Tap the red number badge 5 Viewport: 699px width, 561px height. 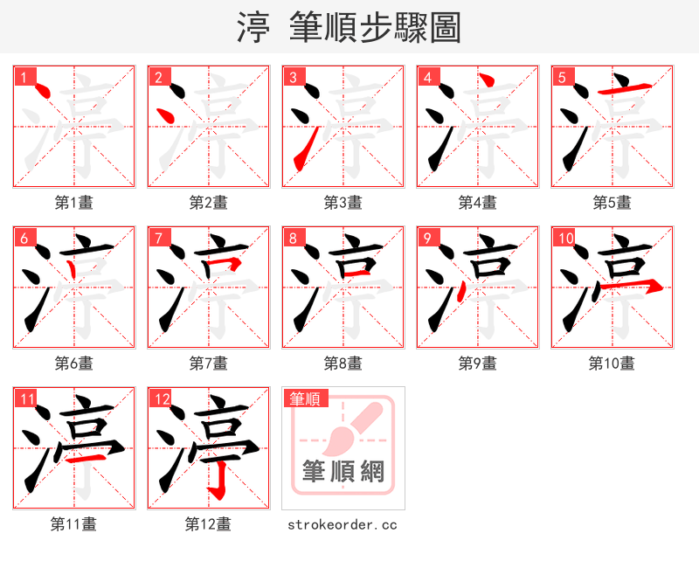pyautogui.click(x=562, y=78)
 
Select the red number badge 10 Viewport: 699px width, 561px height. pyautogui.click(x=565, y=239)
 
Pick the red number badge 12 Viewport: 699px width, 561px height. pyautogui.click(x=162, y=399)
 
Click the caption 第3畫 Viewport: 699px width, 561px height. pyautogui.click(x=343, y=203)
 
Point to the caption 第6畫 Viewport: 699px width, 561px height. pyautogui.click(x=73, y=364)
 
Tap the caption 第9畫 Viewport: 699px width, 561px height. pyautogui.click(x=477, y=364)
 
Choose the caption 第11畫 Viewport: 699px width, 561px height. pyautogui.click(x=73, y=524)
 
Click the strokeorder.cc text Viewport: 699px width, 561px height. pyautogui.click(x=343, y=524)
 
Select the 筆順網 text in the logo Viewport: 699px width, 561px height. pyautogui.click(x=343, y=471)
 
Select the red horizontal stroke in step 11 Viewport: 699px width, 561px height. pyautogui.click(x=88, y=456)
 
